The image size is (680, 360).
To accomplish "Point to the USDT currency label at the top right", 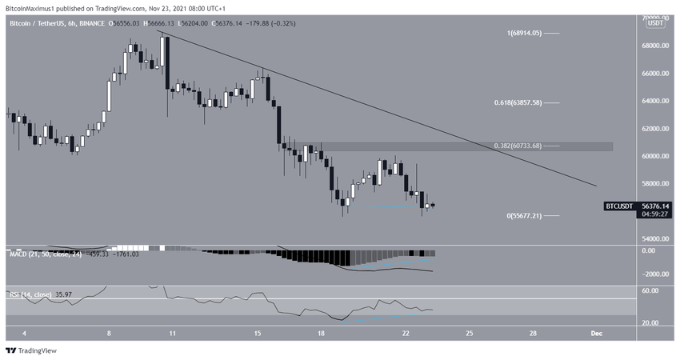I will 655,23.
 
